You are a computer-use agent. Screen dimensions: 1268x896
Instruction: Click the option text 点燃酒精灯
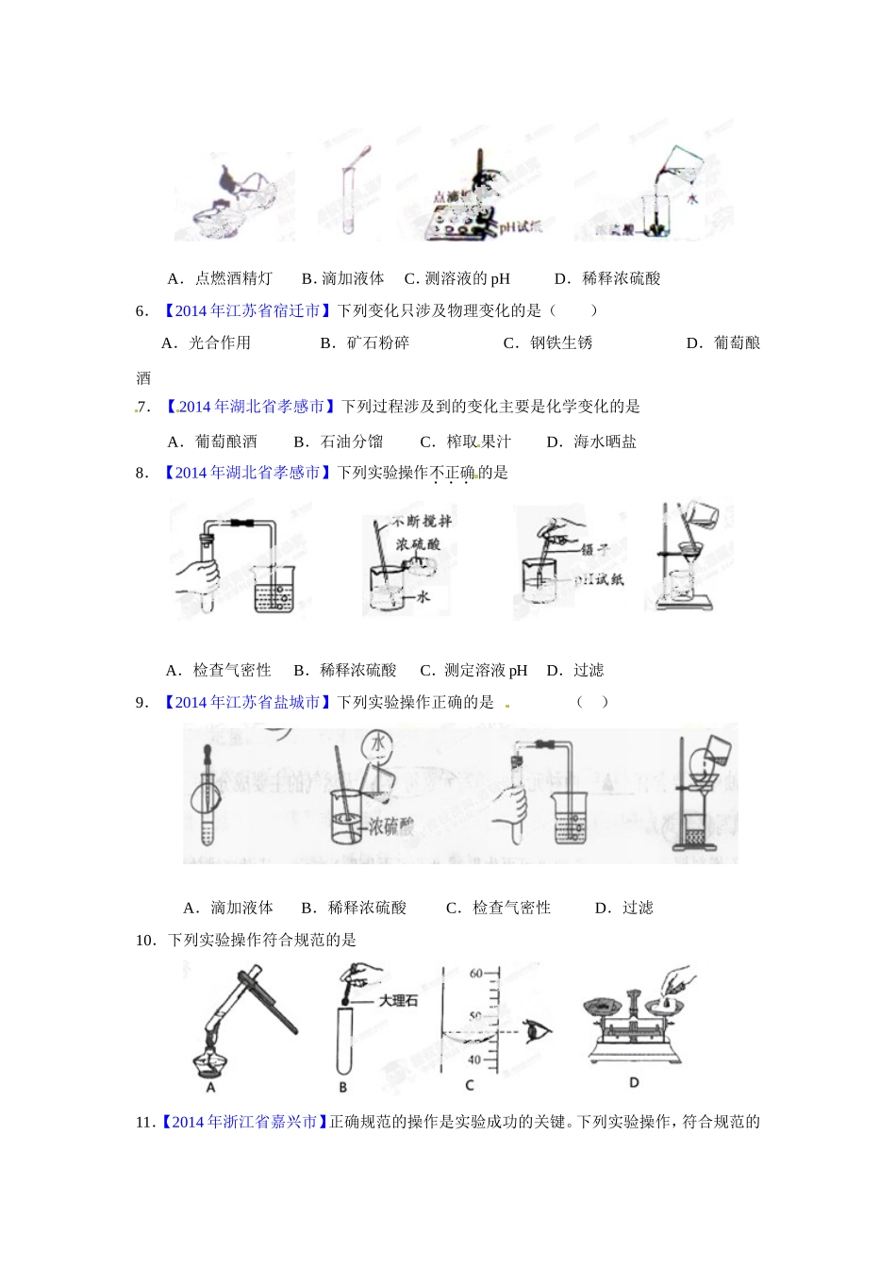click(x=233, y=278)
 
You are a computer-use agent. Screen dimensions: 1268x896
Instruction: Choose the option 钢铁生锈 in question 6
click(x=560, y=342)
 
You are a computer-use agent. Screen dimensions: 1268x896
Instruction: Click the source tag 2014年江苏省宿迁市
click(x=247, y=310)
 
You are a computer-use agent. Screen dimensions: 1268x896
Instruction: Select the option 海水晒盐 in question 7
click(x=605, y=441)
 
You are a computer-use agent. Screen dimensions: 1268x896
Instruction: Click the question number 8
click(x=141, y=473)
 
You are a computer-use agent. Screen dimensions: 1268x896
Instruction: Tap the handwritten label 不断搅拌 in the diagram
click(x=422, y=521)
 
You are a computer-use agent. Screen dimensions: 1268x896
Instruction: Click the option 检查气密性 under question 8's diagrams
click(x=231, y=670)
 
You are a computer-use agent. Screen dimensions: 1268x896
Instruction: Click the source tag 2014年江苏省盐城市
click(x=247, y=702)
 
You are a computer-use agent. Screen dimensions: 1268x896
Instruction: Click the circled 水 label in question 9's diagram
click(x=378, y=743)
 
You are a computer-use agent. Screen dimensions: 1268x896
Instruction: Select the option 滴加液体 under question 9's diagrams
click(x=241, y=908)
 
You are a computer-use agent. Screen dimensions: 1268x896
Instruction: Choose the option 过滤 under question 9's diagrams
click(x=638, y=908)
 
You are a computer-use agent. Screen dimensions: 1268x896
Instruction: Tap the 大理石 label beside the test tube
click(x=397, y=1000)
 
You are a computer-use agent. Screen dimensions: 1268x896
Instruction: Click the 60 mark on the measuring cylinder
click(x=476, y=974)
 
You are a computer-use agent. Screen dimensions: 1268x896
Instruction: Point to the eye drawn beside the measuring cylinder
click(x=539, y=1031)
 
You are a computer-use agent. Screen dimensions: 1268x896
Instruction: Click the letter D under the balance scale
click(x=634, y=1082)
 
